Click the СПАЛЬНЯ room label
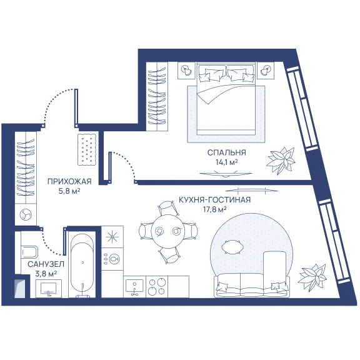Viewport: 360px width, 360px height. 226,152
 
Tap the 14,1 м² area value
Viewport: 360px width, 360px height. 226,162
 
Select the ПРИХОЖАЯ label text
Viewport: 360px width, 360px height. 69,182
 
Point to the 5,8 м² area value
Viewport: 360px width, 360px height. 69,191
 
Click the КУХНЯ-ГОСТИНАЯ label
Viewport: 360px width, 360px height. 214,200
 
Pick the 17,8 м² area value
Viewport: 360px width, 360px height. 214,209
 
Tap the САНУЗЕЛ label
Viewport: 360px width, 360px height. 46,264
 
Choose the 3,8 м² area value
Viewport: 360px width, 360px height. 46,274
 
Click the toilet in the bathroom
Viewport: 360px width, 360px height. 29,252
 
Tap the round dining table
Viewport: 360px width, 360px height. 168,231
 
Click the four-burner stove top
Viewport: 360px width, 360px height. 157,287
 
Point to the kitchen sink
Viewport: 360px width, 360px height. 134,287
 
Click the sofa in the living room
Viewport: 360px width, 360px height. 252,285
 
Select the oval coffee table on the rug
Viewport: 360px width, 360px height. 232,247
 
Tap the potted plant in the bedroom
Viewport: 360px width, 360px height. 281,160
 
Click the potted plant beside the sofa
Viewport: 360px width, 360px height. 312,277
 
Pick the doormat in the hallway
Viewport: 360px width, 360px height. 87,149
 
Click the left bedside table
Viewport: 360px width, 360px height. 186,70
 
